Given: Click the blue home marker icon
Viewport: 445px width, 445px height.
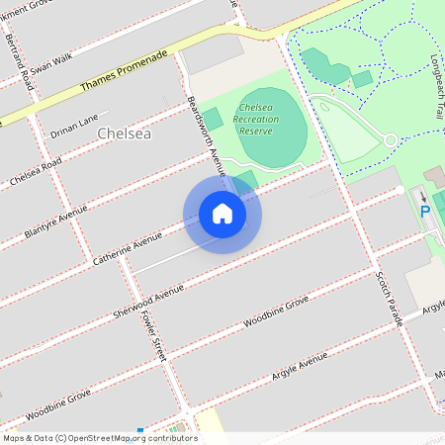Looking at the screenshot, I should [222, 214].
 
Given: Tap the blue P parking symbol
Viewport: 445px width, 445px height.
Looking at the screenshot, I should [425, 210].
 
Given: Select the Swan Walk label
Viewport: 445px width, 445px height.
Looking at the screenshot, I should [51, 59].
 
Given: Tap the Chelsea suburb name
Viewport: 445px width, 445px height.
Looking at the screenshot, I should [125, 133].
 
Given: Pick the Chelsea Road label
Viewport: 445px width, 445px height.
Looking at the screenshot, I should [36, 170].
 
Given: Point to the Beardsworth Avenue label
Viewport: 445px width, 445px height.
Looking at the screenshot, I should [206, 136].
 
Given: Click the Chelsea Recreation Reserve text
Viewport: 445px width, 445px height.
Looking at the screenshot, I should [258, 118].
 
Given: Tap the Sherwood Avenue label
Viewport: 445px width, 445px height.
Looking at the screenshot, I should [148, 296].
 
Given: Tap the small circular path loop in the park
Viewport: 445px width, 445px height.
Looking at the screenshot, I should [391, 140].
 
